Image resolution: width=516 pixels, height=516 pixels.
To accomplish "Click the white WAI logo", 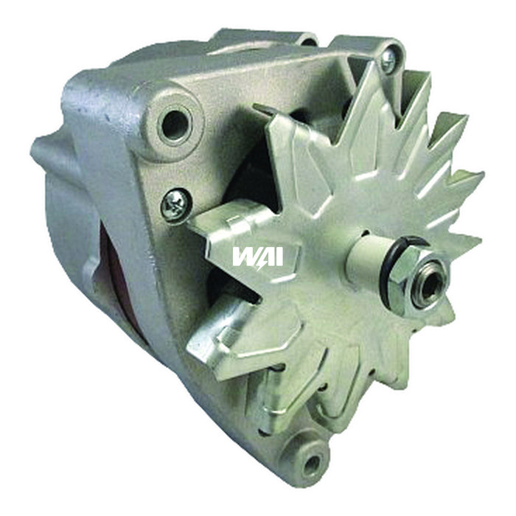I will pyautogui.click(x=257, y=256).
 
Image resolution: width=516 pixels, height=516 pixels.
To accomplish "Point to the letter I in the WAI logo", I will pyautogui.click(x=278, y=256).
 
